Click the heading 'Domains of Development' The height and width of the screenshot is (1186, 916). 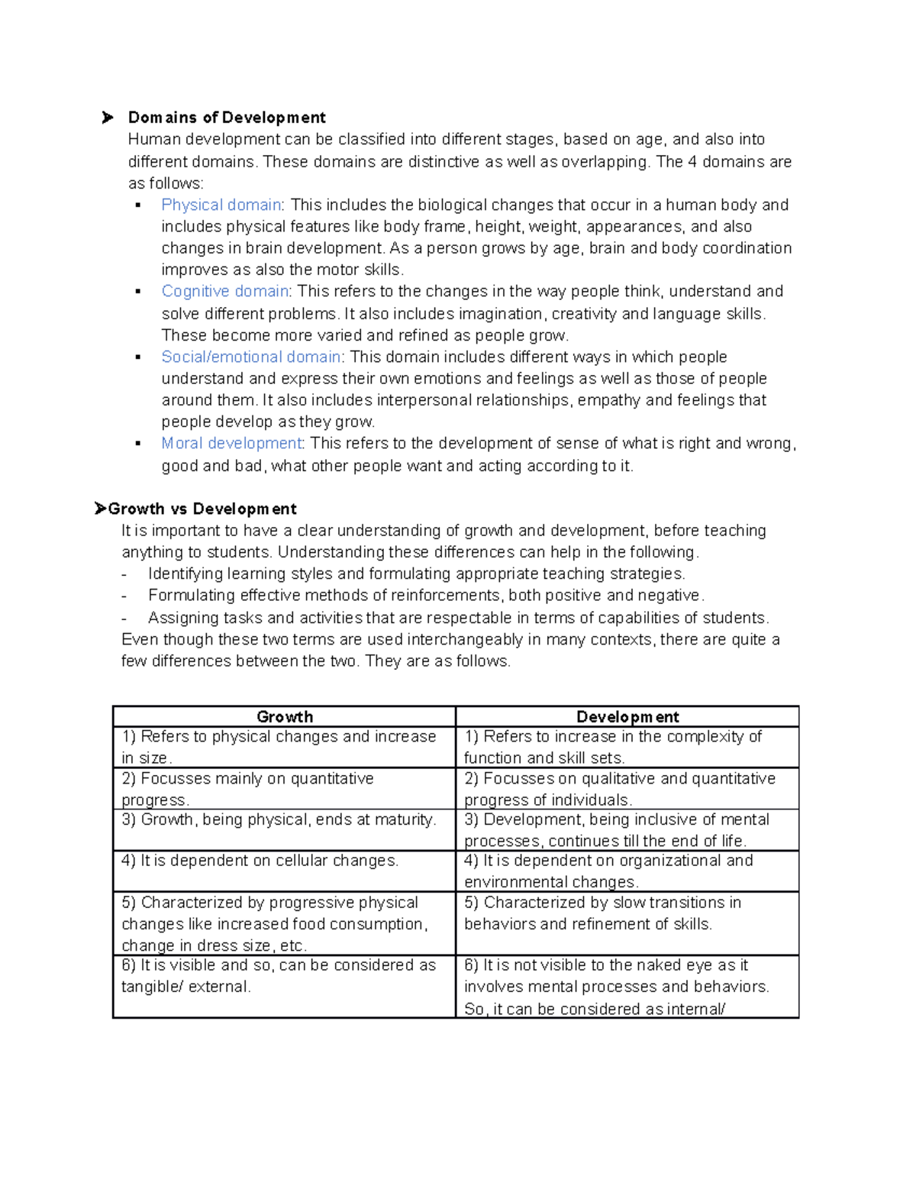tap(227, 118)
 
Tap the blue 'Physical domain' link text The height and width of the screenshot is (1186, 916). tap(221, 205)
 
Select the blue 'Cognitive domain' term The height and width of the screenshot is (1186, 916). tap(225, 291)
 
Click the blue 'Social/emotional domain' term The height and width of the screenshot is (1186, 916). tap(251, 357)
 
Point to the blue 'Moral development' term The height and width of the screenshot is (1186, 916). tap(231, 443)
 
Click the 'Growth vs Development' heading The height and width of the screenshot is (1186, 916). tap(202, 509)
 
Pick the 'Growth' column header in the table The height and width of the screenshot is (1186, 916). tap(285, 716)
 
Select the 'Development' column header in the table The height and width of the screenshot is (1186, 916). tap(627, 716)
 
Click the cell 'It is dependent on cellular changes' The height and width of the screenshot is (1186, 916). tap(260, 861)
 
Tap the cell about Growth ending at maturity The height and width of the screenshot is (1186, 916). tap(279, 819)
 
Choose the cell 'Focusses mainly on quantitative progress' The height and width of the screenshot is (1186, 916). tap(247, 789)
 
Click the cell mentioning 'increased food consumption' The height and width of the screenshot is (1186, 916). tap(275, 923)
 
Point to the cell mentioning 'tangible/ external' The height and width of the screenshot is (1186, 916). tap(279, 975)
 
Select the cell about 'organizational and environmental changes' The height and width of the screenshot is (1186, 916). tap(608, 871)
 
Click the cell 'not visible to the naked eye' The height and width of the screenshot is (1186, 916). tap(616, 986)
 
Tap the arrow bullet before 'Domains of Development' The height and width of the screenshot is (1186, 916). tap(108, 118)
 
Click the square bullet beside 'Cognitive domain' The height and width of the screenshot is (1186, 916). tap(138, 291)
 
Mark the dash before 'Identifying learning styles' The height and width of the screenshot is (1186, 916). tap(124, 574)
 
